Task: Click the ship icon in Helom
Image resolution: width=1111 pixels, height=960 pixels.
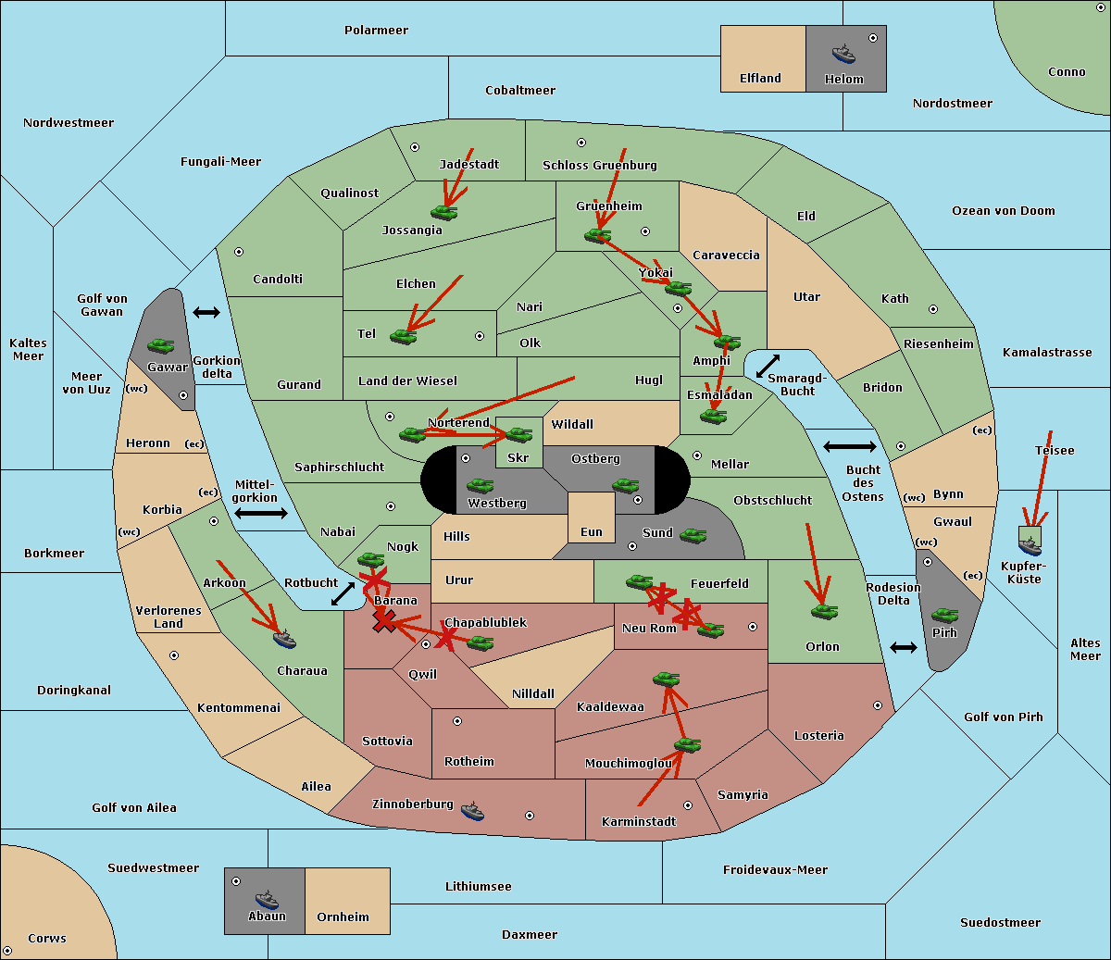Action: point(843,54)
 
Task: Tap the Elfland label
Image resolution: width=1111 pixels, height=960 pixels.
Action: point(760,79)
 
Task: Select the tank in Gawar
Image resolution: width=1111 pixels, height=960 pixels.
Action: point(160,345)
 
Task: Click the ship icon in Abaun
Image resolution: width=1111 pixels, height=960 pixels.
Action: point(267,899)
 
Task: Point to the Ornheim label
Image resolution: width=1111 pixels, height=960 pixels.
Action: point(343,916)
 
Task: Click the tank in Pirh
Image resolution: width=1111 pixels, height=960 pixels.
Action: point(944,616)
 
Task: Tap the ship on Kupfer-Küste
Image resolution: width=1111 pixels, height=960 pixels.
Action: point(1030,546)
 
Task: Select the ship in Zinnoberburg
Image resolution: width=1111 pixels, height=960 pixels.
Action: point(472,811)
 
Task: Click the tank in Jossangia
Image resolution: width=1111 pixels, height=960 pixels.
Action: point(444,212)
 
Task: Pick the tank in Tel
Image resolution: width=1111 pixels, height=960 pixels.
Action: point(404,336)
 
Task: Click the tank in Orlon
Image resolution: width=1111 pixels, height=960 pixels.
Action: point(824,611)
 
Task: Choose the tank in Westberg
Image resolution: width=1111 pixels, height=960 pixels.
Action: point(480,485)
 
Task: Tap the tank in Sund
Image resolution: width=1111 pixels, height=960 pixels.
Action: point(693,535)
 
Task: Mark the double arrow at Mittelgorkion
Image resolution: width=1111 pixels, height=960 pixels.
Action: point(260,513)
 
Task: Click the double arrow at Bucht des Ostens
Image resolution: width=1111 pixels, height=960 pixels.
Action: point(849,447)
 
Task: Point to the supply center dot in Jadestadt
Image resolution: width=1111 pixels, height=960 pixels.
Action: point(415,147)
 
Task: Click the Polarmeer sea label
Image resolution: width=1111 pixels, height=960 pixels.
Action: point(376,31)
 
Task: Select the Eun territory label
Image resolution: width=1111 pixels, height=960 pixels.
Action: point(592,532)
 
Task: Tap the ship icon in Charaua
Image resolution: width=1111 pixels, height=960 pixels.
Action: point(285,639)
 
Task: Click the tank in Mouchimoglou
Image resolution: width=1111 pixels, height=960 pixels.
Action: point(687,744)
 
